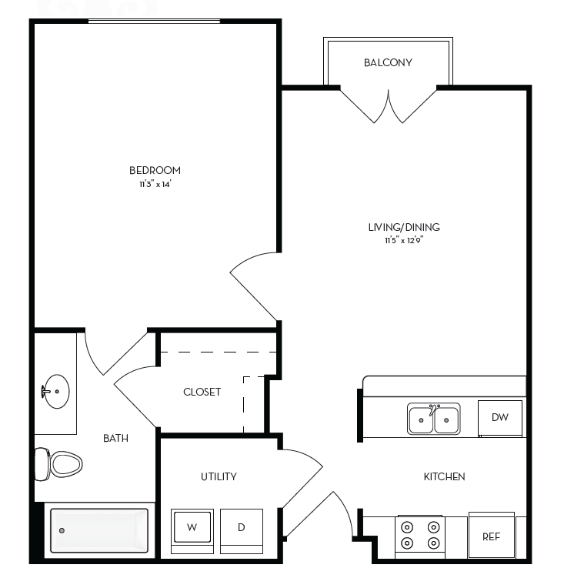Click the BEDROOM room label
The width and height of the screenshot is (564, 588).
[x=155, y=170]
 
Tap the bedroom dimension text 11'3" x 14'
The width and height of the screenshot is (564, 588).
[x=155, y=185]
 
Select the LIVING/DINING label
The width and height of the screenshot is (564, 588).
[x=403, y=227]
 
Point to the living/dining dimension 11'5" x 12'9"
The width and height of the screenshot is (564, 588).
[x=404, y=241]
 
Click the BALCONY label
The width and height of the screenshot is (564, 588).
[x=388, y=63]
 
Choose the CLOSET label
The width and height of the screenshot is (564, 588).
[x=202, y=392]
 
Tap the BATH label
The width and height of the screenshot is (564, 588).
[x=115, y=438]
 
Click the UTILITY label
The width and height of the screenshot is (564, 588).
[x=219, y=476]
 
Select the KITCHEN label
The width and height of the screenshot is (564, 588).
[x=444, y=476]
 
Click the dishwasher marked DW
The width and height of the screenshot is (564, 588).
[x=500, y=417]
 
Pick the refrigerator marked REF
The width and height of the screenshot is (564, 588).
[x=491, y=536]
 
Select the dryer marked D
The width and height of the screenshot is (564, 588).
[x=241, y=527]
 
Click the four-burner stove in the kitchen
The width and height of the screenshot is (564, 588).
[x=420, y=536]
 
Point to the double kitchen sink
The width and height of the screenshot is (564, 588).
[x=433, y=419]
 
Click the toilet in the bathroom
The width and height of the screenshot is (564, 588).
[x=58, y=464]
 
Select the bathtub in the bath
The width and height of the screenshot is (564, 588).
[x=99, y=530]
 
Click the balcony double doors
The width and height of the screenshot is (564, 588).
[x=389, y=105]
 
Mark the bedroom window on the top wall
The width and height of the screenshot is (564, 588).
[x=154, y=21]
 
